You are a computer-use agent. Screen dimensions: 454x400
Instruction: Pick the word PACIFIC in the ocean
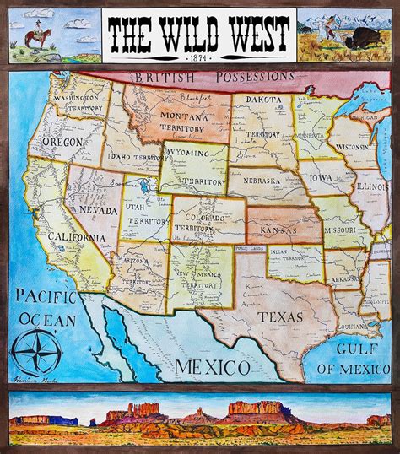point(42,296)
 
